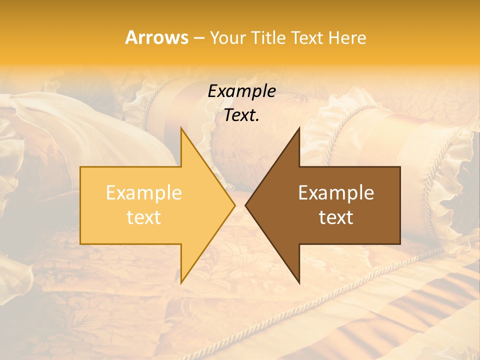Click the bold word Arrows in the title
point(156,37)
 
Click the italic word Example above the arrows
point(241,91)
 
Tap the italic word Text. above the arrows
point(241,115)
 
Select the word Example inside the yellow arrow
point(143,192)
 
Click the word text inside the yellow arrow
point(143,217)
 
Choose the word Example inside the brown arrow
point(336,192)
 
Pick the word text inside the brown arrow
point(336,217)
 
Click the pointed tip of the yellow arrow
point(234,205)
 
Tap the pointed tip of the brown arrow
point(246,205)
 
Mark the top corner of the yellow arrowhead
point(181,128)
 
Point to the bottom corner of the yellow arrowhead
point(181,282)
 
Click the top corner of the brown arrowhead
point(298,128)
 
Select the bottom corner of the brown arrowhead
point(298,282)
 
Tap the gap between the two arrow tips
point(240,205)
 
